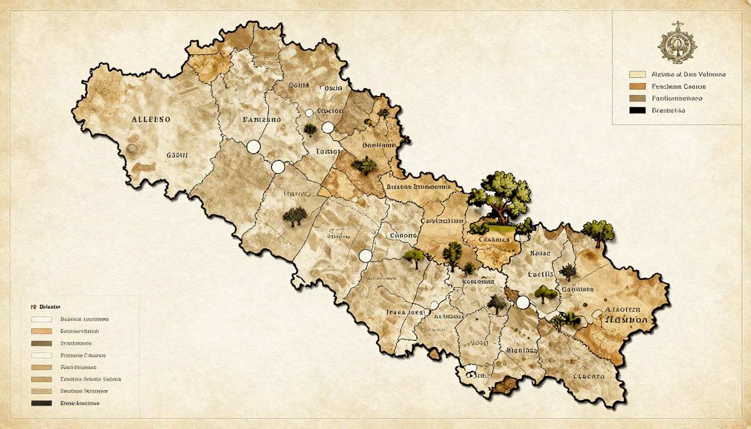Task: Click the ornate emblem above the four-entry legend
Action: (x=677, y=42)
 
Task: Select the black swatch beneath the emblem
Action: (x=637, y=111)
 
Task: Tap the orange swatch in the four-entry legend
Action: (x=637, y=87)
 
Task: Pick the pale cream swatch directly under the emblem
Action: (x=637, y=74)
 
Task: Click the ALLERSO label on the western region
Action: (x=151, y=120)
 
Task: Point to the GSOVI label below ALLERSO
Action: (x=177, y=155)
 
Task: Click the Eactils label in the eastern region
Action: (x=540, y=274)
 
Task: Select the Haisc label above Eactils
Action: (x=540, y=253)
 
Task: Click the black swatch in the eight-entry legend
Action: (x=42, y=403)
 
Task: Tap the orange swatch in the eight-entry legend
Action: (x=42, y=331)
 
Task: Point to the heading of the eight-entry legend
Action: (x=49, y=307)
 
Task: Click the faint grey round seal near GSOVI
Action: (x=132, y=149)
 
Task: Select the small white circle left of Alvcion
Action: (x=309, y=113)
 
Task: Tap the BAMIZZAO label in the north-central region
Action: (x=262, y=120)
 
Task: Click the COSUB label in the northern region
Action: (x=331, y=88)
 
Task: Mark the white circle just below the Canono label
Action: (x=365, y=256)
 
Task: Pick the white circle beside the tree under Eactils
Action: (x=522, y=302)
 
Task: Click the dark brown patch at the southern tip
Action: (x=506, y=385)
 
